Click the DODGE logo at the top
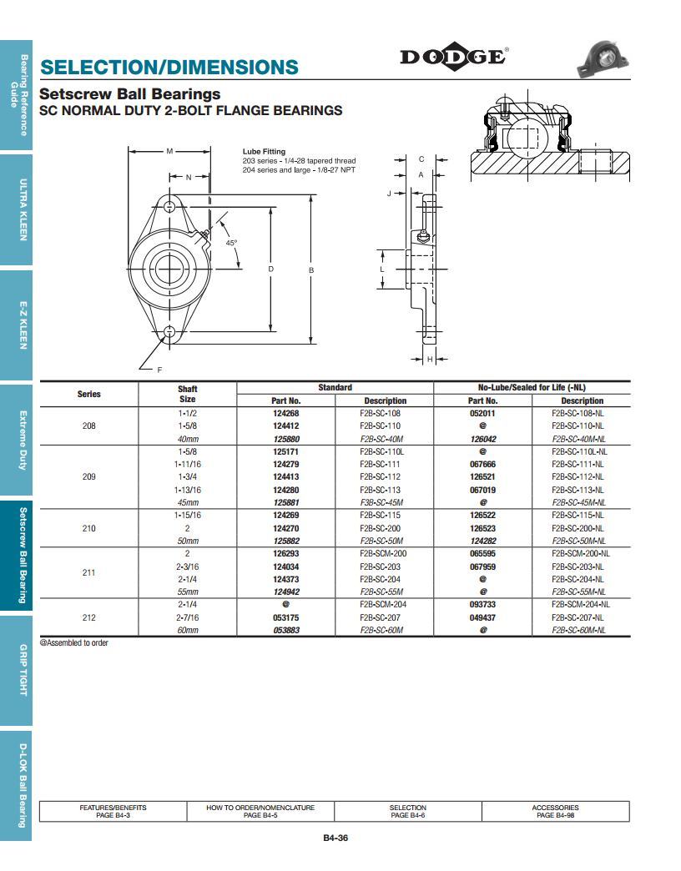click(453, 57)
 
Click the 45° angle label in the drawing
click(231, 243)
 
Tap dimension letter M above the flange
click(169, 151)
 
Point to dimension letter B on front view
click(311, 269)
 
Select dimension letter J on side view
click(390, 193)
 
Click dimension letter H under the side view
click(429, 359)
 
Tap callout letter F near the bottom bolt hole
click(159, 369)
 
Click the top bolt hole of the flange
click(169, 206)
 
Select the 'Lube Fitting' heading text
click(264, 152)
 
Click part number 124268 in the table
click(285, 413)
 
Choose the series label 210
click(88, 528)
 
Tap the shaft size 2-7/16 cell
click(187, 617)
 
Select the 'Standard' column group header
click(335, 387)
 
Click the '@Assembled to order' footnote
click(74, 643)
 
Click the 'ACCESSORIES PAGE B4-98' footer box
click(555, 811)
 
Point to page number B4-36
click(335, 838)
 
